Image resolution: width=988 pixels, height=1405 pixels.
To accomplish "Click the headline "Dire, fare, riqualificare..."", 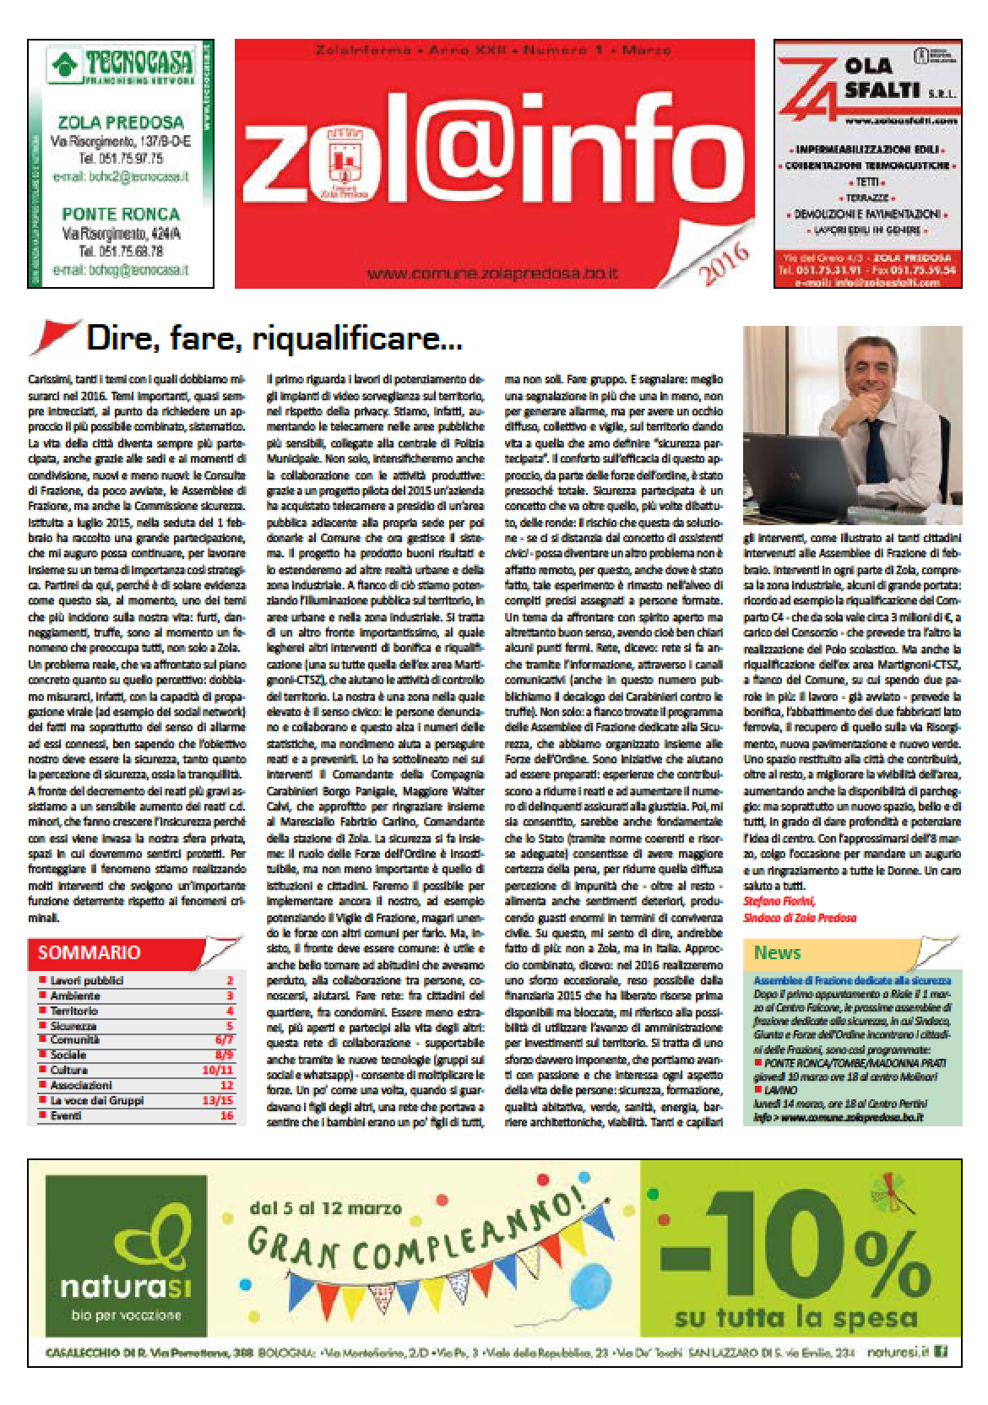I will pos(274,340).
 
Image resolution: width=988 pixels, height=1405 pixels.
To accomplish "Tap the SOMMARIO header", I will pos(89,952).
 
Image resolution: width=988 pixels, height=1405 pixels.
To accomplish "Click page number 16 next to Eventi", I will pos(225,1115).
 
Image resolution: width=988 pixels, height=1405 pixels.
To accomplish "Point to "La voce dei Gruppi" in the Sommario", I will pos(97,1100).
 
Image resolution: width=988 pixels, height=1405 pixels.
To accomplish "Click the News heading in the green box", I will pos(777,953).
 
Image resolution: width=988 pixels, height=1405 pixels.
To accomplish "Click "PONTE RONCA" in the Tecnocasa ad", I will pos(120,213).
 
